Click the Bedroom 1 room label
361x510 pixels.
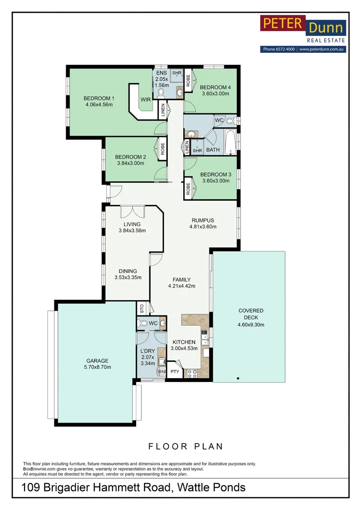click(99, 98)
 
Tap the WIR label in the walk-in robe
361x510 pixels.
click(146, 100)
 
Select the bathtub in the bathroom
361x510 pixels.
click(230, 142)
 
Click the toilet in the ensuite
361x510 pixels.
click(161, 93)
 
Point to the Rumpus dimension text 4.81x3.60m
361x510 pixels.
click(203, 227)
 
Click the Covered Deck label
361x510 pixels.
click(250, 314)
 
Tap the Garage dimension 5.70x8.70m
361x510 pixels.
click(97, 367)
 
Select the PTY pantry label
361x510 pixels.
click(175, 372)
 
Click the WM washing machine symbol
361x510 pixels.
click(162, 372)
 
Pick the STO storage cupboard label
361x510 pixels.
click(142, 308)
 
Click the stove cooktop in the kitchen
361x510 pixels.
click(191, 374)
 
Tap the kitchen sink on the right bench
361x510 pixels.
click(205, 338)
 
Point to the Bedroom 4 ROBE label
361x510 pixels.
click(188, 81)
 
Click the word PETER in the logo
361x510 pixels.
click(283, 24)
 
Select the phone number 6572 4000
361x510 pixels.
click(285, 49)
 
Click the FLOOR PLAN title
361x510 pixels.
click(186, 446)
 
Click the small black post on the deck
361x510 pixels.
click(238, 378)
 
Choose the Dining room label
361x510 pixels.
click(128, 271)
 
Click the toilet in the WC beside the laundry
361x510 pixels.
click(143, 323)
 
